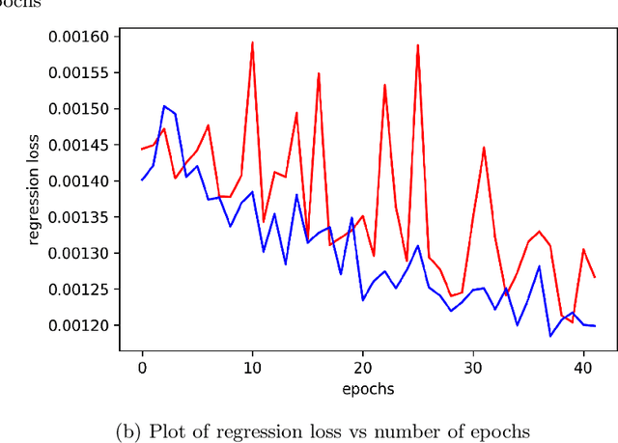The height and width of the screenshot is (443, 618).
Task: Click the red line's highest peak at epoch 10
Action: (x=252, y=42)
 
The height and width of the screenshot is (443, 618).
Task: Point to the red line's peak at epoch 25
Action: (x=417, y=44)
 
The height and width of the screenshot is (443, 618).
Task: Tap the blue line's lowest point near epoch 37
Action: (x=549, y=336)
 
